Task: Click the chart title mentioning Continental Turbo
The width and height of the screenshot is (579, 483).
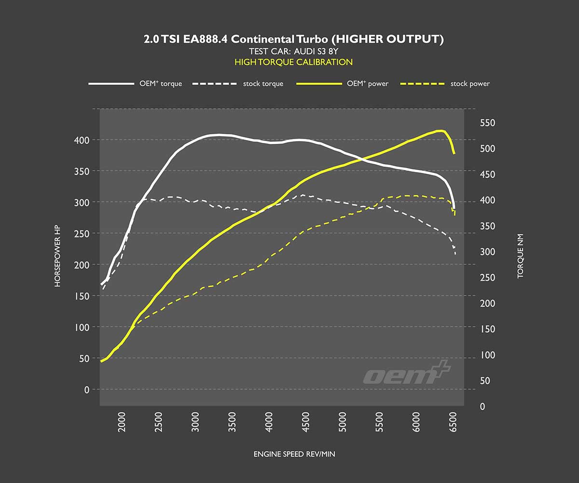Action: coord(293,40)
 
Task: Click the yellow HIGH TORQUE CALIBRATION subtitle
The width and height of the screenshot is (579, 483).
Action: coord(293,62)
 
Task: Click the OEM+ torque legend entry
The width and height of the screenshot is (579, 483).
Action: coord(135,84)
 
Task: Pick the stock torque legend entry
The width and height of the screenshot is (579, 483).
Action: coord(238,84)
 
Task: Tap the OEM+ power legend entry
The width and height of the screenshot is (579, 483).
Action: coord(342,84)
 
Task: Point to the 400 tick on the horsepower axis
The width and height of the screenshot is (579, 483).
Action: coord(84,140)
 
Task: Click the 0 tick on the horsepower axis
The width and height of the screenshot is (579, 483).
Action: coord(87,389)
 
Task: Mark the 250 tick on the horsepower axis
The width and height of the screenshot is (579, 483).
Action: coord(84,234)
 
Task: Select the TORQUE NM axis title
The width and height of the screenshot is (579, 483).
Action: coord(520,256)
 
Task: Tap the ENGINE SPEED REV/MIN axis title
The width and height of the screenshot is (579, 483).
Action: coord(294,455)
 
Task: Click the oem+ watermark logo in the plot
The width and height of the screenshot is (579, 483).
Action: coord(407,373)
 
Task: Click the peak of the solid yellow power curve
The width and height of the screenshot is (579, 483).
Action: coord(440,130)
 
